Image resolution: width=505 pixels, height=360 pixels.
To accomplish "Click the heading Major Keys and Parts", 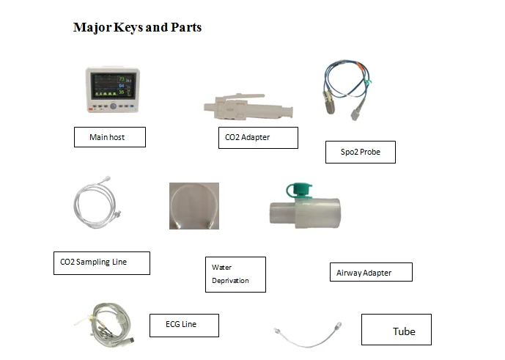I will point(137,28).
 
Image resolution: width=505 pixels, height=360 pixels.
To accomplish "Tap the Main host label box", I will point(109,137).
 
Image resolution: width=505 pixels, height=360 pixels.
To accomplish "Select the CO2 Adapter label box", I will point(257,138).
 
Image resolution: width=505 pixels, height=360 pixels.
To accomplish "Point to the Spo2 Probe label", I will point(360,153).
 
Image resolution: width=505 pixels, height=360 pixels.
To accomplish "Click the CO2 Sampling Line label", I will point(101,262).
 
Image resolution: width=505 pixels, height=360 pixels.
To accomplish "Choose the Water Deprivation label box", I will point(235,274).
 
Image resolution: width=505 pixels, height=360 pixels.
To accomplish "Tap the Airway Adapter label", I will point(370,272).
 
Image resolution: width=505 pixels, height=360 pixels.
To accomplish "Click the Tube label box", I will point(396,330).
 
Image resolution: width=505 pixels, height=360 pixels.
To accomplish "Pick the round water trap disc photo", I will point(194,206).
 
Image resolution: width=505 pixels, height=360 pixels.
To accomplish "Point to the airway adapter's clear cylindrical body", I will point(304,214).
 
